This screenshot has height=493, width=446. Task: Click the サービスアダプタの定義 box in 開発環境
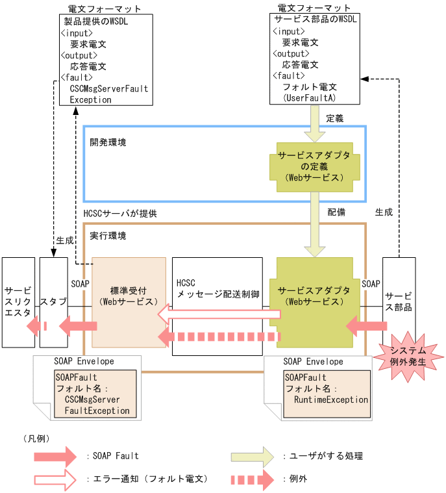tap(314, 167)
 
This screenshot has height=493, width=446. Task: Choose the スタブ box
tap(53, 302)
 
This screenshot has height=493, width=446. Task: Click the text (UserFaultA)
tap(309, 97)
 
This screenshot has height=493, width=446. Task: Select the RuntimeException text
tap(331, 400)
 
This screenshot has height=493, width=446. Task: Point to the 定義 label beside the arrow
tap(334, 119)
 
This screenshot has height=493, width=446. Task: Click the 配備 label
tap(336, 212)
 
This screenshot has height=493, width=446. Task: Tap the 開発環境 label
tap(108, 142)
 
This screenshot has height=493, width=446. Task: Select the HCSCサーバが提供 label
tap(120, 213)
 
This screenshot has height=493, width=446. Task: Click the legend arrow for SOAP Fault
tap(55, 457)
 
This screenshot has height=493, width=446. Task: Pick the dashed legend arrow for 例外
tap(253, 479)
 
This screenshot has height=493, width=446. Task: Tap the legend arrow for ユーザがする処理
tap(253, 457)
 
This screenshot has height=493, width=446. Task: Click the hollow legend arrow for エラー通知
tap(55, 479)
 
